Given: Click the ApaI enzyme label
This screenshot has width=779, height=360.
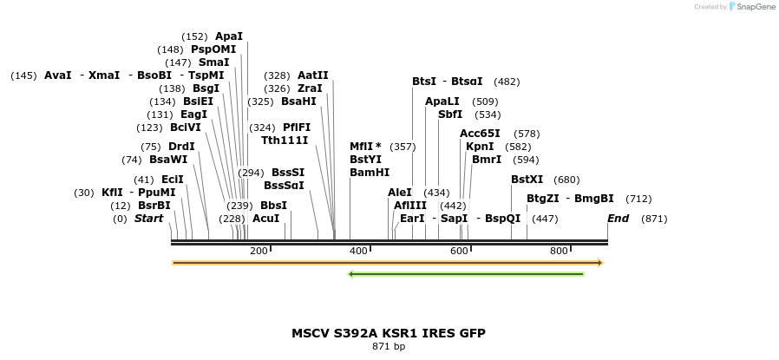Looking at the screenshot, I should click(x=229, y=36).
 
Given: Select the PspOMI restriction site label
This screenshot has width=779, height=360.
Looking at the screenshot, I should click(x=213, y=49).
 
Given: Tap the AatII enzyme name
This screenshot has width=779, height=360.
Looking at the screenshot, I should click(x=313, y=75).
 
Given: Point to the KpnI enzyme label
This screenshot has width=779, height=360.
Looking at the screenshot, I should click(x=480, y=147).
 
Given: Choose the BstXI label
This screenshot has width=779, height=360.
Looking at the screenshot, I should click(x=527, y=180).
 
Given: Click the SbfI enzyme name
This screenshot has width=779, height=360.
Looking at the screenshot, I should click(x=450, y=115).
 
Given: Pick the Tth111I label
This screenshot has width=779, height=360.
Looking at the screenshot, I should click(x=285, y=141).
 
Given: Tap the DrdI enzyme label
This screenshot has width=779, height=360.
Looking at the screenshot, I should click(x=181, y=147).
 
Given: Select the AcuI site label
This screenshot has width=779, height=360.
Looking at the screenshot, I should click(x=266, y=219).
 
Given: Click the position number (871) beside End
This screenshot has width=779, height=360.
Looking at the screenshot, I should click(x=654, y=219).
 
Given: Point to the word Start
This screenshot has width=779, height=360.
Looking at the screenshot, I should click(x=148, y=219).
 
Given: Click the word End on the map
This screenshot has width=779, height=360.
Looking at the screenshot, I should click(x=618, y=219).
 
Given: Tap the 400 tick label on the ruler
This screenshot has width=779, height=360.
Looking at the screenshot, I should click(x=358, y=251).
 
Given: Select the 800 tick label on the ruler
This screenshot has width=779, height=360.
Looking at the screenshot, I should click(x=559, y=251).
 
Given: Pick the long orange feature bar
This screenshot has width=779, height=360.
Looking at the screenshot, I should click(x=387, y=262).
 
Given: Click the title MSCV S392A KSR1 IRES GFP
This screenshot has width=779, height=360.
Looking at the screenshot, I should click(x=389, y=333).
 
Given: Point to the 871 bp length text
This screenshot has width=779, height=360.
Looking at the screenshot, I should click(x=389, y=347).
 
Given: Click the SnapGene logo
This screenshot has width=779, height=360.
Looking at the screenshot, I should click(x=751, y=7).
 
